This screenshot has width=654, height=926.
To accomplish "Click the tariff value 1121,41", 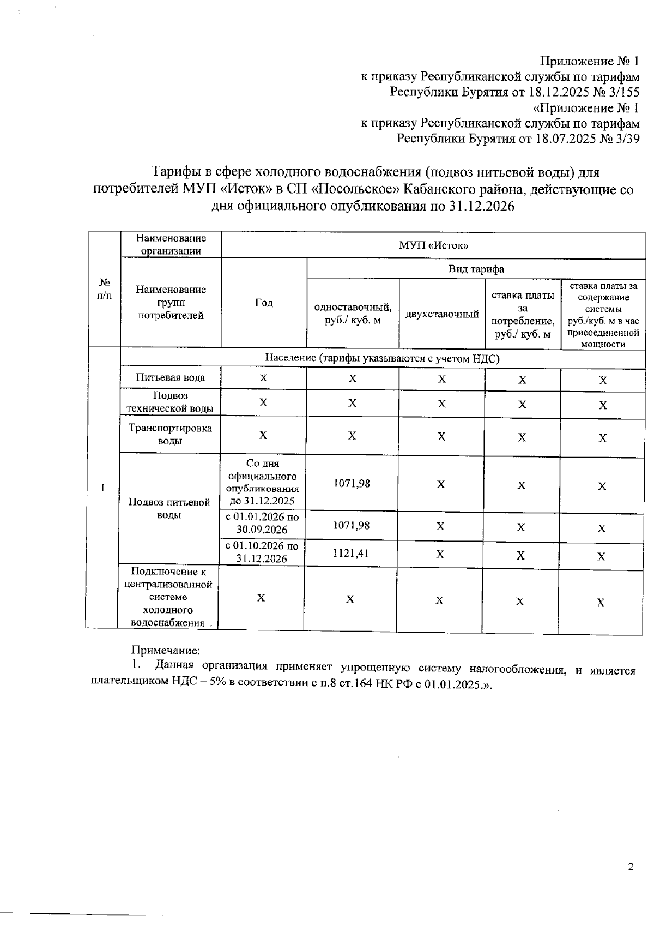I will (351, 552).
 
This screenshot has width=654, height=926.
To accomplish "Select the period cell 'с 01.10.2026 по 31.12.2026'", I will (262, 552).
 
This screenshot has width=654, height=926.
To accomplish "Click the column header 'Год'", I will (264, 303).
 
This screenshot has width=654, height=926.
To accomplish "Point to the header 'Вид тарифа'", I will (476, 269).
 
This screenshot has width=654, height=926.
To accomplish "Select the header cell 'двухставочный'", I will (442, 314).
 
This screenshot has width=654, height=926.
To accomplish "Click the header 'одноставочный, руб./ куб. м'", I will (353, 314).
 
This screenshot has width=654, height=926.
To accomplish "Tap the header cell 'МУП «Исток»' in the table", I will (434, 245).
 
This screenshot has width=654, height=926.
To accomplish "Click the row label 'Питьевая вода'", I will (171, 377).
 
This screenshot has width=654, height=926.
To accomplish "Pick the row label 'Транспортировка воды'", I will (170, 435).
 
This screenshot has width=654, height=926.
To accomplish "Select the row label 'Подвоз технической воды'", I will (170, 402).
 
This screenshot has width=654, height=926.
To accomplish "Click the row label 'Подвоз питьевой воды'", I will (169, 508).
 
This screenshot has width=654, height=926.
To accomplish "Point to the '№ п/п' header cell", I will (105, 289).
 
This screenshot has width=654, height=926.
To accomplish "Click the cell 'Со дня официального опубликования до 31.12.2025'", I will (262, 482).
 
